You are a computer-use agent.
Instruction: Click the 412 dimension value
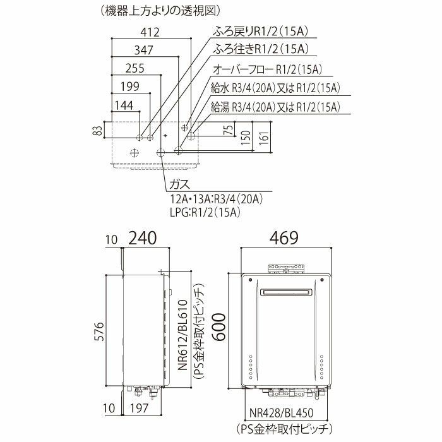point(150,32)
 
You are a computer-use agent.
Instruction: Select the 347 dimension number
point(143,50)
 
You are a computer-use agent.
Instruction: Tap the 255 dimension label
point(134,68)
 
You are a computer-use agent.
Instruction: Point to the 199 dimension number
point(130,87)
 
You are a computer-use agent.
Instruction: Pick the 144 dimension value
point(124,105)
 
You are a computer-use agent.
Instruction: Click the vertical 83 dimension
point(97,130)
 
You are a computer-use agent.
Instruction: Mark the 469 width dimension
point(284,237)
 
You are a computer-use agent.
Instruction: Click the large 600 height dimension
point(219,327)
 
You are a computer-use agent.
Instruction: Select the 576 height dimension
point(99,331)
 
